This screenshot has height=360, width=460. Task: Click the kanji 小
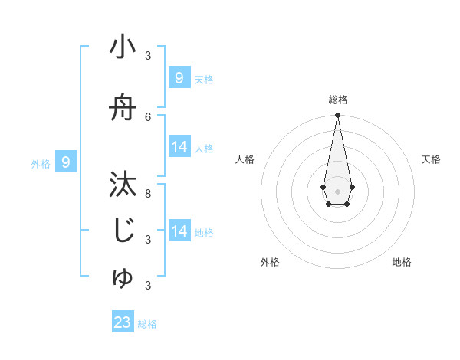click(123, 47)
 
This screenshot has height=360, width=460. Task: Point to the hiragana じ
click(123, 231)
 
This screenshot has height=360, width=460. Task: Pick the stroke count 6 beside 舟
click(148, 116)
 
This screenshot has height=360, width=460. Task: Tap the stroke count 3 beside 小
click(148, 56)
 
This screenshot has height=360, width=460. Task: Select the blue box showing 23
click(123, 322)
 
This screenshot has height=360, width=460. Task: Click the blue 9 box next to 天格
click(179, 77)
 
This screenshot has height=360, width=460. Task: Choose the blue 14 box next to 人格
click(179, 147)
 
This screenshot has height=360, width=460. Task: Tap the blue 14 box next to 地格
click(179, 231)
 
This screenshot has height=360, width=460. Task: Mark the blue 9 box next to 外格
click(67, 162)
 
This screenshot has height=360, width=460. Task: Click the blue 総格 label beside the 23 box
click(147, 324)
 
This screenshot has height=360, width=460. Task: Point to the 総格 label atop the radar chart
click(337, 100)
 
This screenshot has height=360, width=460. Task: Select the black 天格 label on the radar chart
click(432, 159)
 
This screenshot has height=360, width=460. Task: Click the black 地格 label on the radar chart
click(402, 262)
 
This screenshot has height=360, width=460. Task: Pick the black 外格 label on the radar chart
click(270, 262)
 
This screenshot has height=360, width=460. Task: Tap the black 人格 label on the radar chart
click(245, 159)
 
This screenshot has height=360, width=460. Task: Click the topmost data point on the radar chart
click(337, 115)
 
